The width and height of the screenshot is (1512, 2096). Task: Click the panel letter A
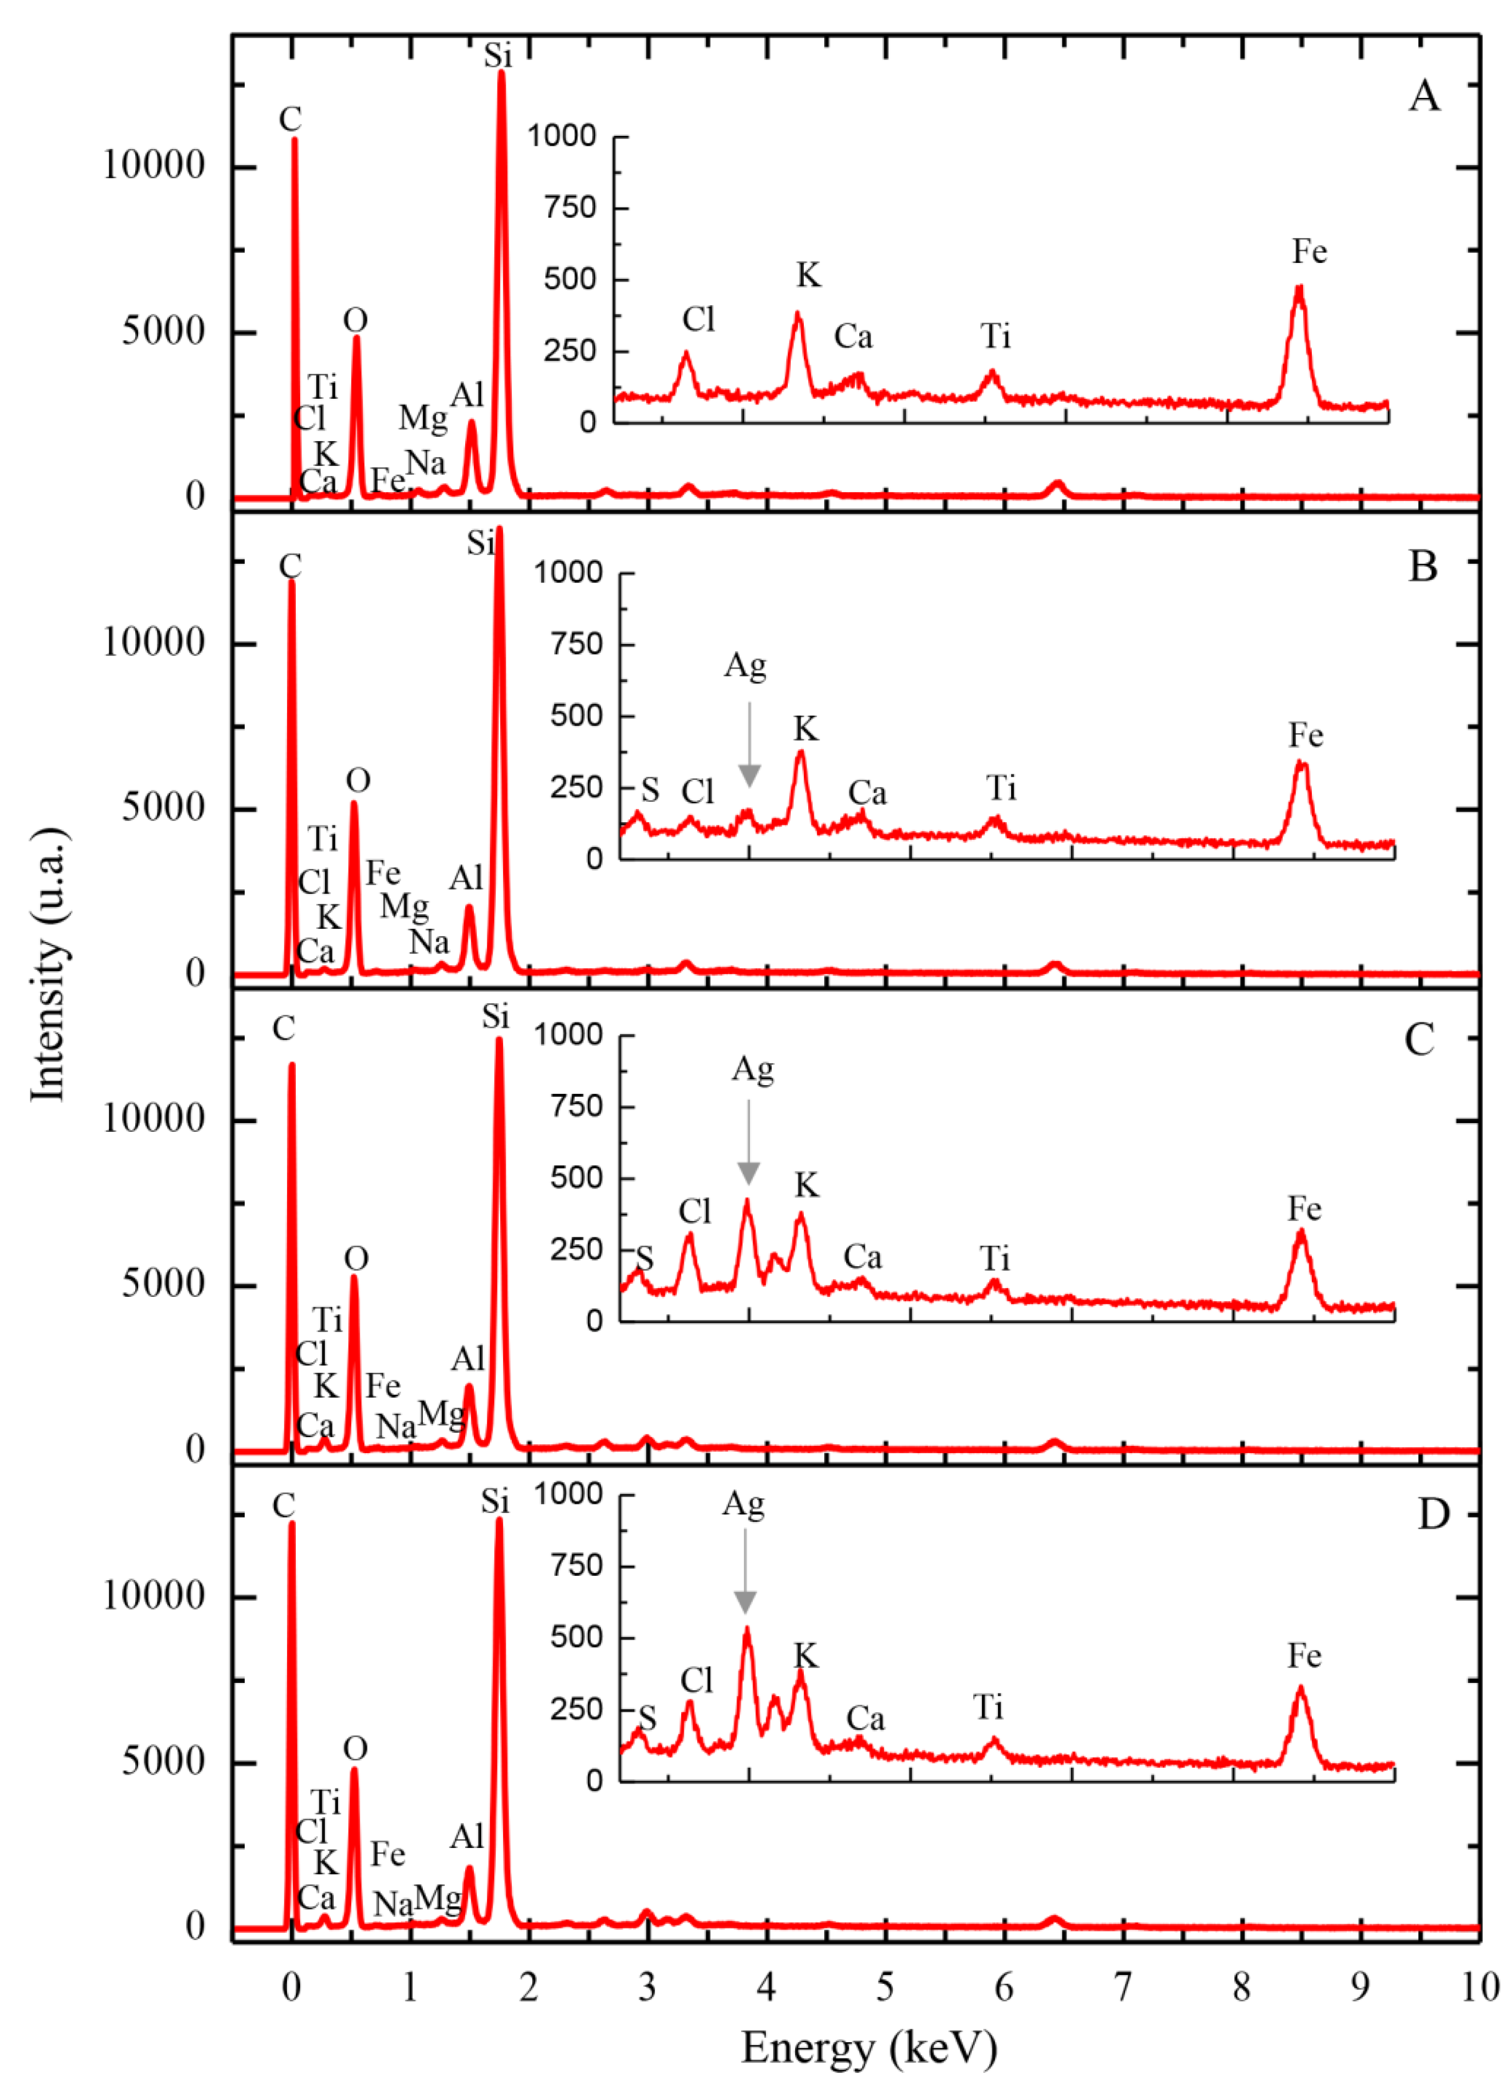1423,96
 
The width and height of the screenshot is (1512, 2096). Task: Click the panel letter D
1433,1514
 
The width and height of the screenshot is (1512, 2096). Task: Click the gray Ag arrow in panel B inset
749,745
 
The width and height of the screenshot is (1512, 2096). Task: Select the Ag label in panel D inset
743,1504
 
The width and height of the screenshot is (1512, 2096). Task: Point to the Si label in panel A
498,56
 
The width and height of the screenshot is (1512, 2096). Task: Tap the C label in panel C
284,1028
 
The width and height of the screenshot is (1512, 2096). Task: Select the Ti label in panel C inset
995,1259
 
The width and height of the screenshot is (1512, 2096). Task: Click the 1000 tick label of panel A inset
561,136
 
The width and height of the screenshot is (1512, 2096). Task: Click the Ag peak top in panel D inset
746,1629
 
